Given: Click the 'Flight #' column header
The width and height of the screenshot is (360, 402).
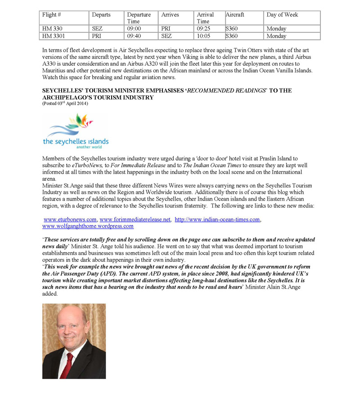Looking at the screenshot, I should [x=49, y=15].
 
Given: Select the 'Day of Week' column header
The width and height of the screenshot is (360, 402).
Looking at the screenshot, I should [x=282, y=15].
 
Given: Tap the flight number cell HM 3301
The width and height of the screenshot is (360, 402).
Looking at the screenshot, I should [x=52, y=36].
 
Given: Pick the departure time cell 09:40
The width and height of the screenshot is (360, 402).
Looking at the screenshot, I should [x=134, y=36].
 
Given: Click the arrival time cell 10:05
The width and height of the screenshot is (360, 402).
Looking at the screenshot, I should [x=203, y=36].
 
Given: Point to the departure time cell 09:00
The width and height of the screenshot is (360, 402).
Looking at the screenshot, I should [x=134, y=29].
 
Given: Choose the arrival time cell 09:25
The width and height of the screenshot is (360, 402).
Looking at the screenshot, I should [x=203, y=29].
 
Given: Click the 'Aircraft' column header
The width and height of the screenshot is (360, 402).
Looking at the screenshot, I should [x=235, y=15].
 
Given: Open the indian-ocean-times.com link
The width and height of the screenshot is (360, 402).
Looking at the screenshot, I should [x=217, y=219].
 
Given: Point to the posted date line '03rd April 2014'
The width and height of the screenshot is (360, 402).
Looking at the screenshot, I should [x=65, y=103].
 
